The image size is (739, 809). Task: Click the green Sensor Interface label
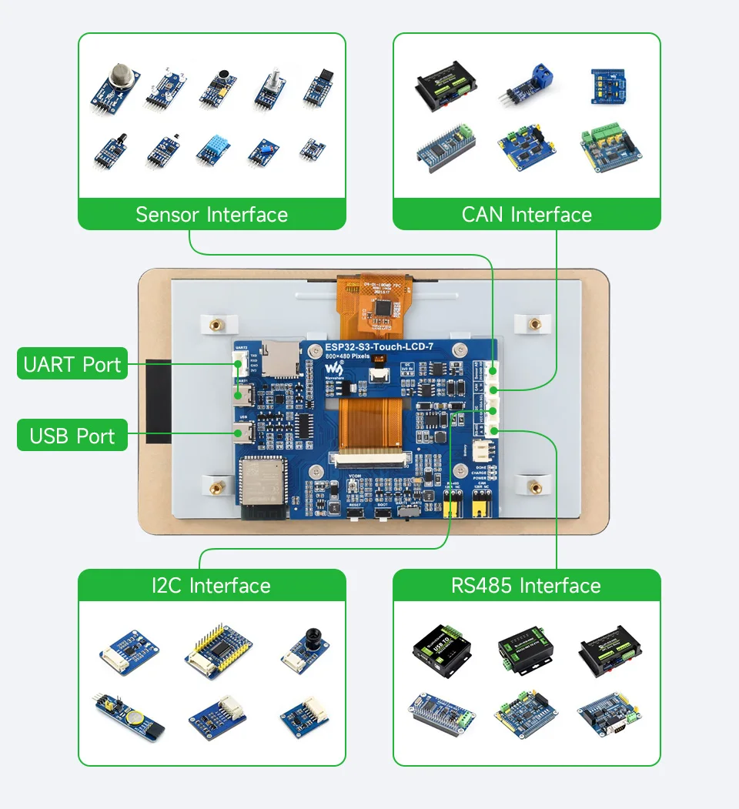coord(212,215)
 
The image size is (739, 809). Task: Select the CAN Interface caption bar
coord(527,215)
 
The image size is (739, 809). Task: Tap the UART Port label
coord(72,364)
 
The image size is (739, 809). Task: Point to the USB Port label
coord(72,436)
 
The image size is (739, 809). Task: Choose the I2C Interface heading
coord(212,586)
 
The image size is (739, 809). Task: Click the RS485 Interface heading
coord(527,586)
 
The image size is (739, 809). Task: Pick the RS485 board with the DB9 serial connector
coord(609,714)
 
